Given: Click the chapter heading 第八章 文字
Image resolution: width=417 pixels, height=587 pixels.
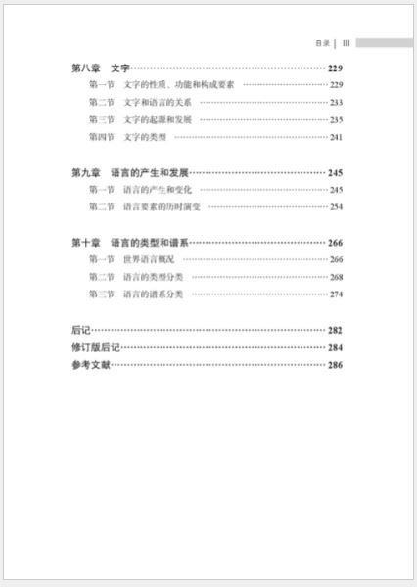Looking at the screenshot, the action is point(101,68).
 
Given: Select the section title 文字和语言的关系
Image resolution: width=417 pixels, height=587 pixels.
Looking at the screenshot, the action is point(158,103).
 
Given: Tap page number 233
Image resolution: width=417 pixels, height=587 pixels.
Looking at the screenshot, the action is point(336,103).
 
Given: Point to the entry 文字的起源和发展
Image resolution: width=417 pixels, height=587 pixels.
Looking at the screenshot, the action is point(158,120).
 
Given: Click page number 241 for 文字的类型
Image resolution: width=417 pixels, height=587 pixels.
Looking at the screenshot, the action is point(336,138).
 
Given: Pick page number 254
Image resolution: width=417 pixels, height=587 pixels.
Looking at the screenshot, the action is point(336,207).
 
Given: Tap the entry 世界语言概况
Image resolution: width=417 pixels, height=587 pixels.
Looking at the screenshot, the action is point(151,259).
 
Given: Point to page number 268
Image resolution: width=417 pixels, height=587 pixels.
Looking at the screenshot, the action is point(336,277).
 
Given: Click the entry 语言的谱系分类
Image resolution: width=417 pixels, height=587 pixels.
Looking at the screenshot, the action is point(158,294).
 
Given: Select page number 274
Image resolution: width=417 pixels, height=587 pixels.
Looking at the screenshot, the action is point(336,294).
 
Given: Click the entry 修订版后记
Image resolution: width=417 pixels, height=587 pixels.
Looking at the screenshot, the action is point(95,347).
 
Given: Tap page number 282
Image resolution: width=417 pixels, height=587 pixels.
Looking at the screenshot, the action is point(335,330).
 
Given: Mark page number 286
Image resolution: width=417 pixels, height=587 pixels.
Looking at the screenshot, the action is point(335,365).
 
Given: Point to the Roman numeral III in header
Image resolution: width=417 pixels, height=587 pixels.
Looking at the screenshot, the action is point(347,43).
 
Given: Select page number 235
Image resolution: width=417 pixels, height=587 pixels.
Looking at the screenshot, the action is point(336,120).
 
